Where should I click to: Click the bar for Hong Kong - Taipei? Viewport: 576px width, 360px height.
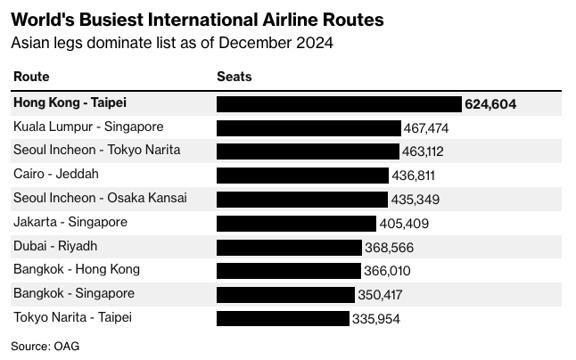point(339,104)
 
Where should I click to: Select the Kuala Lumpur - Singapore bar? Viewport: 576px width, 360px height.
point(309,128)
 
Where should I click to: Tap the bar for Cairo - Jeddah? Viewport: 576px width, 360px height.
point(302,176)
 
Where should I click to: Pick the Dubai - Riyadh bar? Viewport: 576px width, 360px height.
point(289,248)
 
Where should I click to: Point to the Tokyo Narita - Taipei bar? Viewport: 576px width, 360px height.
point(283,318)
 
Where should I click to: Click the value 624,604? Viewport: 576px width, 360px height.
point(490,104)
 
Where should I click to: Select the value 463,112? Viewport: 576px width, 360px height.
point(423,151)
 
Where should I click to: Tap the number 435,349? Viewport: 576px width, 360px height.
point(416,200)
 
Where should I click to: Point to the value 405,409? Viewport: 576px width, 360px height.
point(404,224)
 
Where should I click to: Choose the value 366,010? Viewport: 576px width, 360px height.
point(387,271)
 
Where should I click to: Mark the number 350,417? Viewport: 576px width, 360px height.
point(380,295)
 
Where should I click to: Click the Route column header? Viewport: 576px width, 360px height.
point(31,77)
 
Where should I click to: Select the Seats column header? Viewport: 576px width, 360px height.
point(235,77)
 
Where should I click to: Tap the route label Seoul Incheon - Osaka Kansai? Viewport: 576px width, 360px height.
point(100,198)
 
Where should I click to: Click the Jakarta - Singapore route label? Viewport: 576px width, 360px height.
point(70,223)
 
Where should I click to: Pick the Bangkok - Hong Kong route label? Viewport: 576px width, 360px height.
point(77,270)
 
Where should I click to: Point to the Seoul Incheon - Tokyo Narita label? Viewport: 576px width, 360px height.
point(97,150)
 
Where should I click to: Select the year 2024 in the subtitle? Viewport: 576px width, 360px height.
point(315,43)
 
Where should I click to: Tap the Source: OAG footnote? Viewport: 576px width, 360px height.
point(45,347)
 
